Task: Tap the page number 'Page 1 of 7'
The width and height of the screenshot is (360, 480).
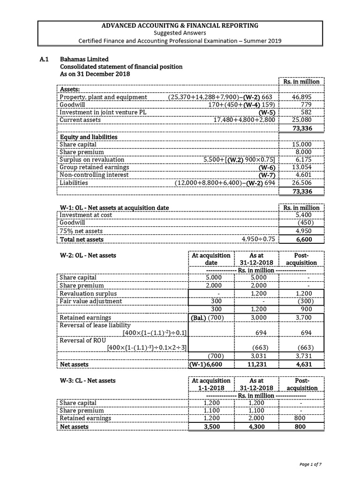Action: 310,464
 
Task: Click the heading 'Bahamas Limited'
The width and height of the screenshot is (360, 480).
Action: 84,59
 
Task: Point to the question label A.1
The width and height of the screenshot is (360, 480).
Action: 44,59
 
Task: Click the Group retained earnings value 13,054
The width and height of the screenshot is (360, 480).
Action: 305,167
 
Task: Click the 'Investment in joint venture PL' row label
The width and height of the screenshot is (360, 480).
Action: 99,112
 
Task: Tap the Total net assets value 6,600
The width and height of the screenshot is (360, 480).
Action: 303,239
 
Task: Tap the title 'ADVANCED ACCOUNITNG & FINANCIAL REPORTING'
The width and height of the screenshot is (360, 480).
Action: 180,25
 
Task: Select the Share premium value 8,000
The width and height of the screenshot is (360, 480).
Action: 305,152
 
